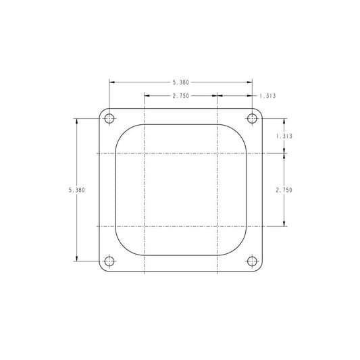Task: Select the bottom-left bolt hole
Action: click(x=109, y=261)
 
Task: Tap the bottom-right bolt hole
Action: click(x=252, y=261)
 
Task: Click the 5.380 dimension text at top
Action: click(x=181, y=82)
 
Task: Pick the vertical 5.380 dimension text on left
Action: click(x=77, y=190)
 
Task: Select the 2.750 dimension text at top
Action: click(x=181, y=96)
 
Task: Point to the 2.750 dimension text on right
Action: click(x=284, y=190)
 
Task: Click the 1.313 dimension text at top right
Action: click(x=267, y=96)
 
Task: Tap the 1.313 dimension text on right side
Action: click(x=284, y=136)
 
